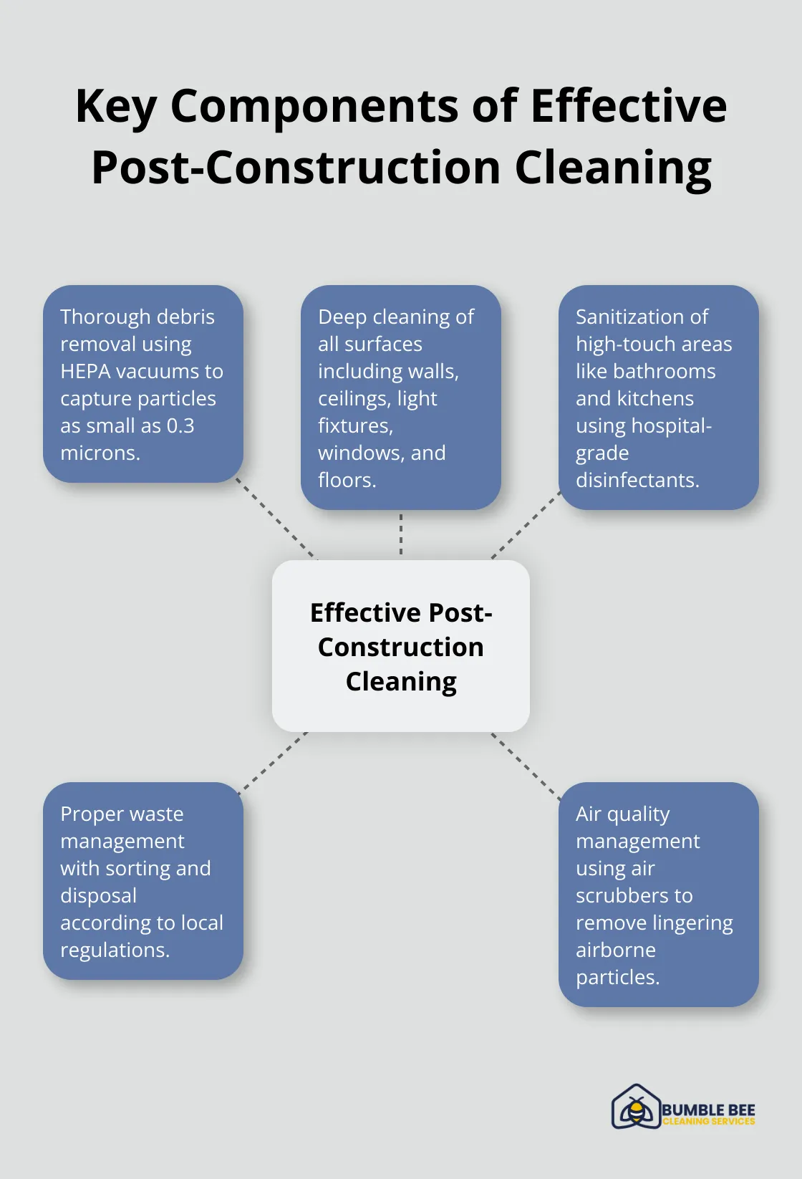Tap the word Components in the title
click(x=314, y=106)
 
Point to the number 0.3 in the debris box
click(x=180, y=425)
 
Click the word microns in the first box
click(x=100, y=453)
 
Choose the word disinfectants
click(x=637, y=480)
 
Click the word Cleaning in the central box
click(x=401, y=681)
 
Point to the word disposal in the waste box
click(x=98, y=895)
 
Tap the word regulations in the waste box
click(x=115, y=950)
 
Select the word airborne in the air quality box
click(x=616, y=950)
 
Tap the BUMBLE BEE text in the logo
click(x=708, y=1110)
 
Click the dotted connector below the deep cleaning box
click(x=401, y=534)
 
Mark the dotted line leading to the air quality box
click(x=526, y=765)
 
